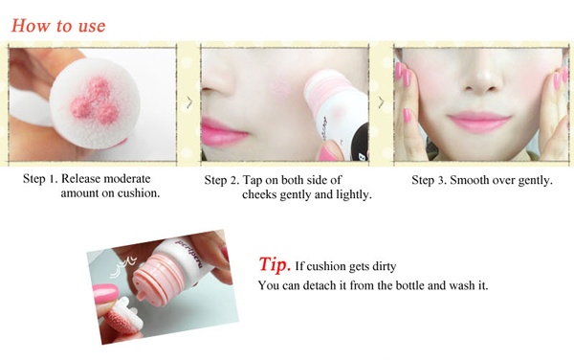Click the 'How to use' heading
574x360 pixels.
58,26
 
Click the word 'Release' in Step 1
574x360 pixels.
80,179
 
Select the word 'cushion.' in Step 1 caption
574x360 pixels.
139,193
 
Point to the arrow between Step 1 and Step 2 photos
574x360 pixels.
189,102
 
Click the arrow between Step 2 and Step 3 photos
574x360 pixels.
381,102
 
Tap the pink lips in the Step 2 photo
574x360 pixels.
223,132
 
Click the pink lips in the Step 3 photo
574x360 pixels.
479,122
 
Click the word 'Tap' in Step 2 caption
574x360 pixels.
253,180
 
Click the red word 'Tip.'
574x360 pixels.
275,264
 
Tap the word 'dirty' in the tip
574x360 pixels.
384,266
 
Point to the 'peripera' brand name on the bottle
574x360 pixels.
188,253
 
